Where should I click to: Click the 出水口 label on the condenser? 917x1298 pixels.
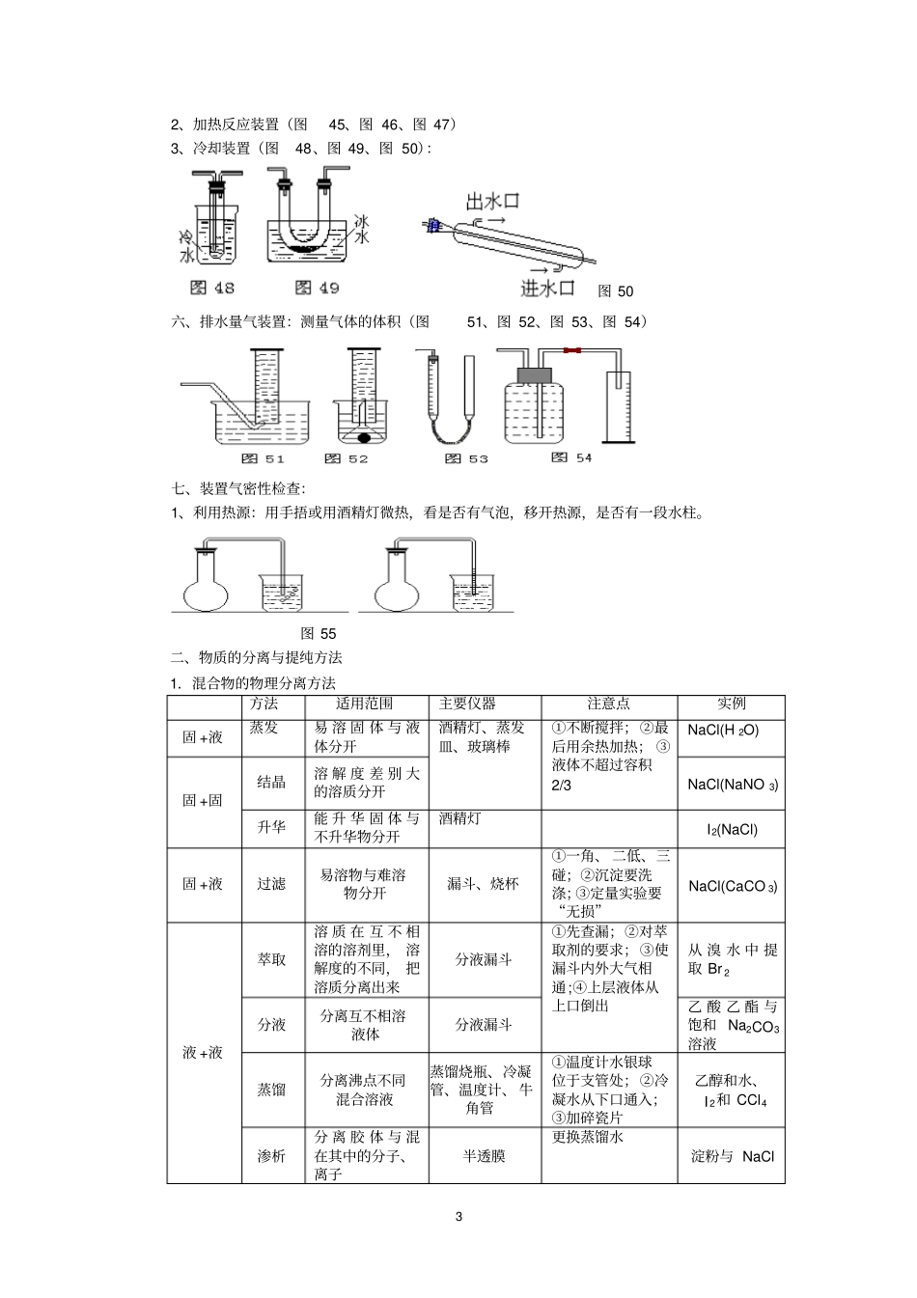(x=492, y=201)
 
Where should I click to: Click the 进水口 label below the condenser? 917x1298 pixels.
(x=547, y=288)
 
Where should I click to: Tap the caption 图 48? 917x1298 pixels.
(x=212, y=288)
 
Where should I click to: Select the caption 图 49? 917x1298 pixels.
(x=317, y=288)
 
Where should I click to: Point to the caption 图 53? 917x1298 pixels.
(x=466, y=459)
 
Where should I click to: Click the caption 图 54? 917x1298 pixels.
(x=571, y=457)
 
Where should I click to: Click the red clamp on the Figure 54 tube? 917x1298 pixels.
(x=572, y=350)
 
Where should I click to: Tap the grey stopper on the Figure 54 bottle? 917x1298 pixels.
(x=531, y=373)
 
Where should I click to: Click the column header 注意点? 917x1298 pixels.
(x=608, y=704)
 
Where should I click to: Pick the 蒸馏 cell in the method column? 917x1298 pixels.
(x=271, y=1090)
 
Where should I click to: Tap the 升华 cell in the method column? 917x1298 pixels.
(x=271, y=828)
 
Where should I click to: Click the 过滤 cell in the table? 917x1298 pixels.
(x=271, y=884)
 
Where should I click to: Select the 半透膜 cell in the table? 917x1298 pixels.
(x=483, y=1155)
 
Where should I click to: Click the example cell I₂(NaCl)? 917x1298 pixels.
(x=731, y=829)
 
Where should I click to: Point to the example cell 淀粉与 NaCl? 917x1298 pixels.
(x=732, y=1156)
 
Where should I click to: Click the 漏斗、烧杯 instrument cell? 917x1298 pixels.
(x=483, y=884)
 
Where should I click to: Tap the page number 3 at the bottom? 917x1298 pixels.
(x=458, y=1217)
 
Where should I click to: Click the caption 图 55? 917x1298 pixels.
(x=319, y=634)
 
